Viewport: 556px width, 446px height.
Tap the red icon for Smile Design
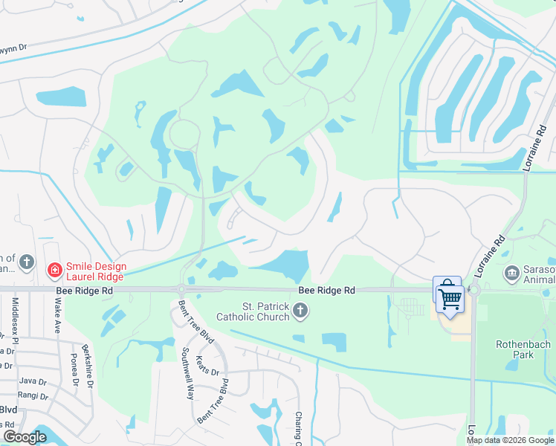point(54,269)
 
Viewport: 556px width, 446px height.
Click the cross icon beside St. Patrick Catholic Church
point(300,310)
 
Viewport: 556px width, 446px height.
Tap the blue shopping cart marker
point(449,299)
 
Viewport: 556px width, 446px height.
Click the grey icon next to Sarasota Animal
point(512,274)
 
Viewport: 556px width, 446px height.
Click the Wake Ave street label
point(57,315)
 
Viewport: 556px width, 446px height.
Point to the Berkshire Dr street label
point(88,366)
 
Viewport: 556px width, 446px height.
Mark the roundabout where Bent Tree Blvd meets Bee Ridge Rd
point(181,289)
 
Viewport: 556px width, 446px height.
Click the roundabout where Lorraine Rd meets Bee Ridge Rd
point(473,290)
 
